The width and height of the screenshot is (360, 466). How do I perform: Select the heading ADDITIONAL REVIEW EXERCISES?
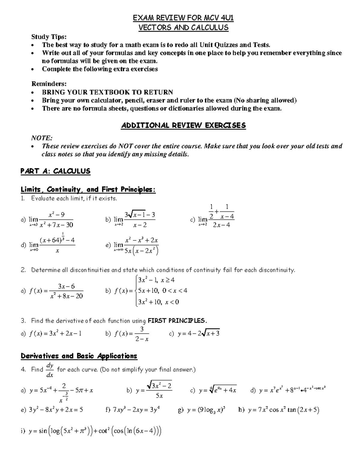183,125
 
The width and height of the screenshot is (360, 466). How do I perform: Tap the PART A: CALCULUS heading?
55,171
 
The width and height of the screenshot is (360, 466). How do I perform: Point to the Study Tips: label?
49,37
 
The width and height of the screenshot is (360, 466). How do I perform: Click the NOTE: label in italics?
42,138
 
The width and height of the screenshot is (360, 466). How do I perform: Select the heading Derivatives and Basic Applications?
79,356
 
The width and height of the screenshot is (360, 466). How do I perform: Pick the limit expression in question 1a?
51,220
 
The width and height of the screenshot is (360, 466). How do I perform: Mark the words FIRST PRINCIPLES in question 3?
177,321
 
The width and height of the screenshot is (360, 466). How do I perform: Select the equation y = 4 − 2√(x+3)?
199,333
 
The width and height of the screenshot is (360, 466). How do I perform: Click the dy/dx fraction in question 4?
50,370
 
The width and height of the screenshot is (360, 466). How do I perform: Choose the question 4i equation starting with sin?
95,431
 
